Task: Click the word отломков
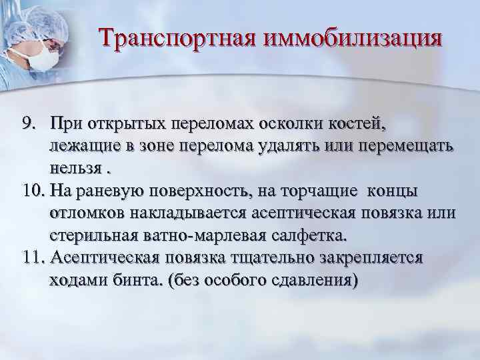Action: coord(88,214)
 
